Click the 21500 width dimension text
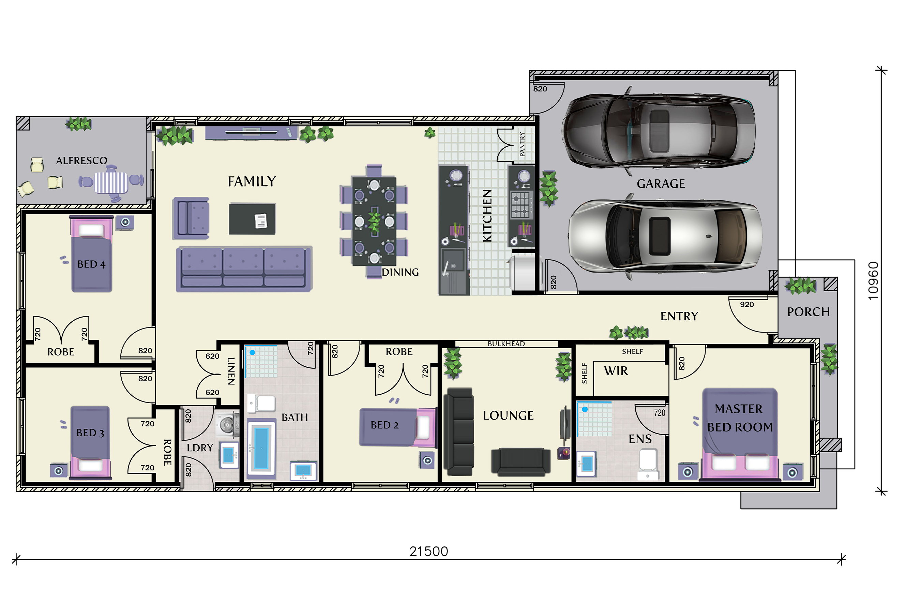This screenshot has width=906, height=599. [x=428, y=551]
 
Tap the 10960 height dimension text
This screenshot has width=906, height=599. [x=873, y=281]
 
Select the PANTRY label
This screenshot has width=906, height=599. [x=522, y=144]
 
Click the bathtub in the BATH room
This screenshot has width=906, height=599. [x=261, y=448]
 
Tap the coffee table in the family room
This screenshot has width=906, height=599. [x=252, y=219]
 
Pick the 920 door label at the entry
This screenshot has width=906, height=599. [x=747, y=305]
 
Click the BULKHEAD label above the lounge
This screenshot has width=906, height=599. [x=506, y=344]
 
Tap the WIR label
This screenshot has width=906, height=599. [x=616, y=370]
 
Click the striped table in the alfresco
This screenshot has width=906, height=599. [x=111, y=183]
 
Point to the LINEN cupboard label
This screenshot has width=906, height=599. [x=231, y=371]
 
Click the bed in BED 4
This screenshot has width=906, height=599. [x=91, y=254]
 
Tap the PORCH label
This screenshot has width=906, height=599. [x=808, y=312]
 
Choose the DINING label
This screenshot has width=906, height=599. [x=400, y=272]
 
